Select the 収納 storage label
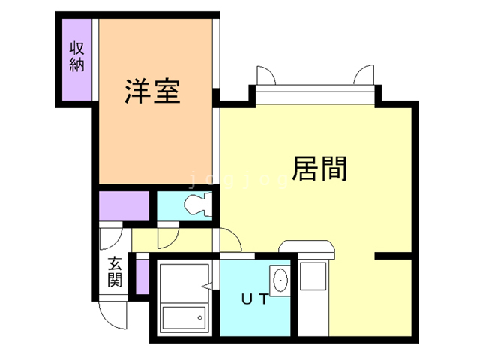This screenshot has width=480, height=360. coord(76,55)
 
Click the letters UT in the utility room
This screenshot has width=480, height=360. coord(254,298)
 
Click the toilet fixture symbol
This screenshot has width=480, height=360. coord(198,204)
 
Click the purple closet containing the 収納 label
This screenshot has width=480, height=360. coord(76,60)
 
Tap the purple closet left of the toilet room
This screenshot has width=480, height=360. coord(124,206)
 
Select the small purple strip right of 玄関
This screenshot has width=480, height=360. coord(139,275)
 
